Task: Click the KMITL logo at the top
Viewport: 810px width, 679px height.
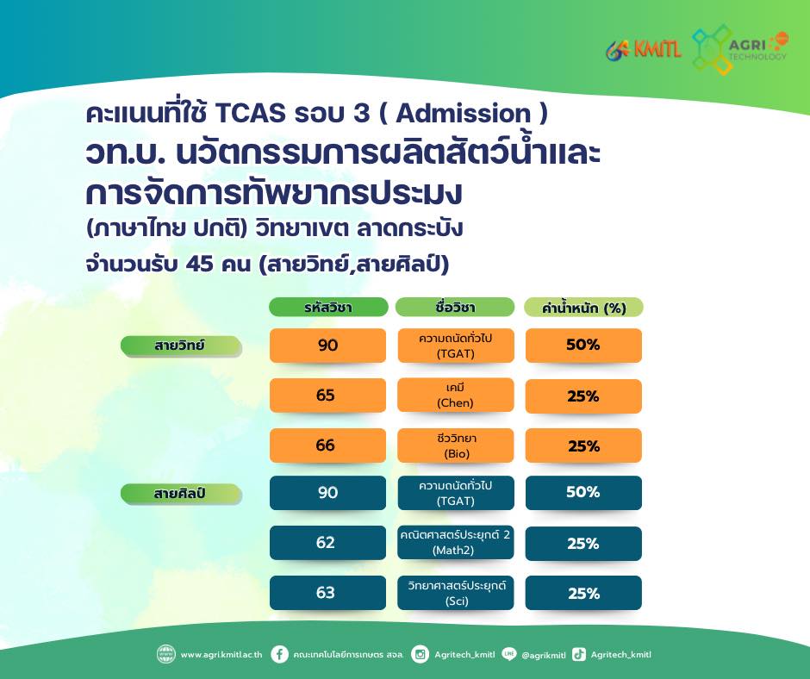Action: coord(644,50)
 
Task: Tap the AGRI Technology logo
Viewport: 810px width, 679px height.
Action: coord(739,49)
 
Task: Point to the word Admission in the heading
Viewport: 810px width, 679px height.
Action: coord(464,113)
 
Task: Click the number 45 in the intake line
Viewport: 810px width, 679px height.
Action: coord(199,264)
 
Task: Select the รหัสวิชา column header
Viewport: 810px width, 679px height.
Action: coord(328,307)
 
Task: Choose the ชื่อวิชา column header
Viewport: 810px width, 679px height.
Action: coord(455,307)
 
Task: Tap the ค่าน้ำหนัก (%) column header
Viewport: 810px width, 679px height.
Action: coord(583,308)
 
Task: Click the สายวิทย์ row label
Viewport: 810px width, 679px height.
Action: coord(181,346)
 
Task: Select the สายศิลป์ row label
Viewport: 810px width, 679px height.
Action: coord(181,494)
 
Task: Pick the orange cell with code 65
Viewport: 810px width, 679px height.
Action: coord(327,396)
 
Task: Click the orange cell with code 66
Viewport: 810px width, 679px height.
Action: coord(327,445)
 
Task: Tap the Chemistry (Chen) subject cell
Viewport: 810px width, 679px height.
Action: coord(456,396)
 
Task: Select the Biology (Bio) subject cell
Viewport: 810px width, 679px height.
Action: coord(456,445)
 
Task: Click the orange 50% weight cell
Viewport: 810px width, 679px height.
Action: coord(583,346)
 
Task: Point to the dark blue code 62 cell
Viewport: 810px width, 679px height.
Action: coord(327,543)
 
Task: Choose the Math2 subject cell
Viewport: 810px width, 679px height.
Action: coord(456,543)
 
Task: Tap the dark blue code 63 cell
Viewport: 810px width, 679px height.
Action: coord(327,593)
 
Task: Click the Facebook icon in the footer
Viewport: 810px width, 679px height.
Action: coord(279,654)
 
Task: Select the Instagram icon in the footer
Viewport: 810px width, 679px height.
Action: coord(420,654)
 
